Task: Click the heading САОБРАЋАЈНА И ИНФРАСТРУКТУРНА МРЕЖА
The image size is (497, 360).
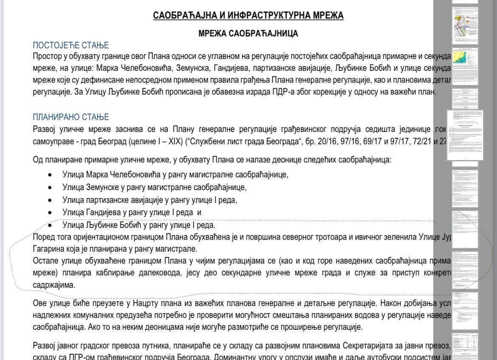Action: [248, 16]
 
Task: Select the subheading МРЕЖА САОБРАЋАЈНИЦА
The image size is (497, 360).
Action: [248, 34]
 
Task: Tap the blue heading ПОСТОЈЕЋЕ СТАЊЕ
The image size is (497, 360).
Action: [71, 45]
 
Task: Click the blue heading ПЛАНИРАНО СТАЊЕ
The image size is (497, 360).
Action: [71, 117]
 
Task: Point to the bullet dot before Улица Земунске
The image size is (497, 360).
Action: [51, 187]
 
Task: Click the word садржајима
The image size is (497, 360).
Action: [54, 285]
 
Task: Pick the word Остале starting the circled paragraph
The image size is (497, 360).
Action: [45, 261]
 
